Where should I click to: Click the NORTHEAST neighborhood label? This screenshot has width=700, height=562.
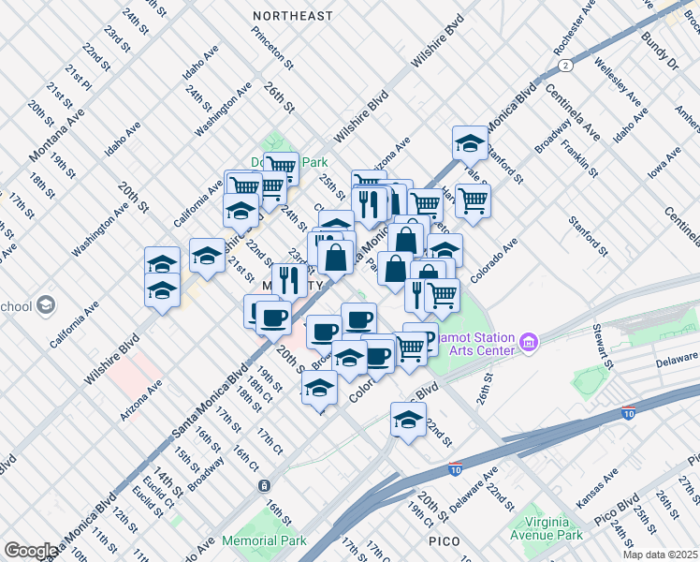[293, 16]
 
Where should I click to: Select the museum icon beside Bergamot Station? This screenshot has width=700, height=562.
[530, 343]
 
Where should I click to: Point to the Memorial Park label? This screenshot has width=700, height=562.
[265, 540]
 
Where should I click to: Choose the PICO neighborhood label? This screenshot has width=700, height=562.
[445, 541]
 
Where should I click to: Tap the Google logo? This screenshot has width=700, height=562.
[31, 551]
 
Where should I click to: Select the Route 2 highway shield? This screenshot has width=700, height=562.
[565, 66]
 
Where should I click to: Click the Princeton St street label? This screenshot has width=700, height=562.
[272, 48]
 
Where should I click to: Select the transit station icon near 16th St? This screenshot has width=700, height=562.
[265, 485]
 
